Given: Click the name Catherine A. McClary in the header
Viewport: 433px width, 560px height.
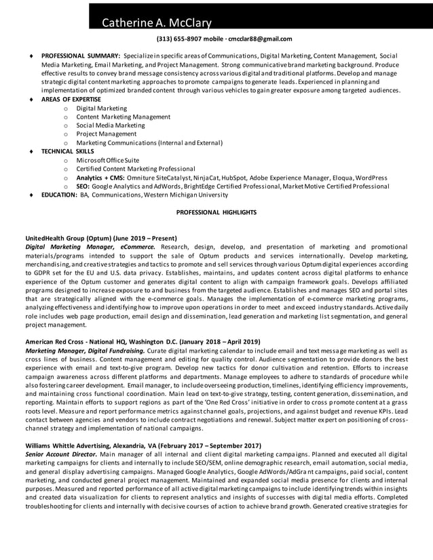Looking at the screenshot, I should click(156, 24).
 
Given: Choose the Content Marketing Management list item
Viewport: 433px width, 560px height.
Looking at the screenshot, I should click(113, 117).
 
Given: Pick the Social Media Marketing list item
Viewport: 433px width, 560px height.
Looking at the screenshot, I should click(106, 125).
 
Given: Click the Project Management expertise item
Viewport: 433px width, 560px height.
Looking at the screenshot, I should click(105, 134).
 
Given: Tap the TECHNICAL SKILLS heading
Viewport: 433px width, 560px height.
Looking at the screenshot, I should click(68, 151).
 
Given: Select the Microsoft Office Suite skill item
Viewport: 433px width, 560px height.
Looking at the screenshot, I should click(107, 160).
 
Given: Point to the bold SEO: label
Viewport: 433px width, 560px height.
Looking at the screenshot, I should click(83, 186).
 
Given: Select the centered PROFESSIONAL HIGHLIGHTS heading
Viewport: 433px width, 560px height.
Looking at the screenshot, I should click(216, 213).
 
